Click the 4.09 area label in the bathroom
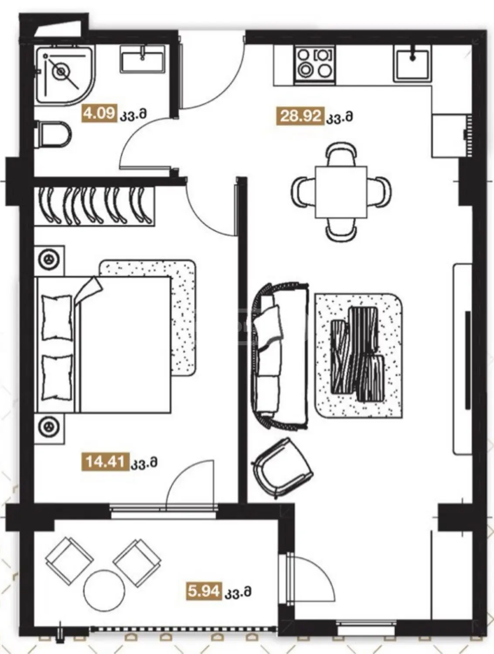tap(99, 113)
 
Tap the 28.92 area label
tap(300, 116)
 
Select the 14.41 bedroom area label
tap(105, 470)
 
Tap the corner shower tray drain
tap(61, 72)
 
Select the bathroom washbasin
tap(142, 59)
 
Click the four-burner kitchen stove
tap(315, 64)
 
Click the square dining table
tap(341, 192)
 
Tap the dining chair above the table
tap(341, 155)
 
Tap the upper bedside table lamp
tap(48, 259)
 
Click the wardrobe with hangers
tap(94, 205)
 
